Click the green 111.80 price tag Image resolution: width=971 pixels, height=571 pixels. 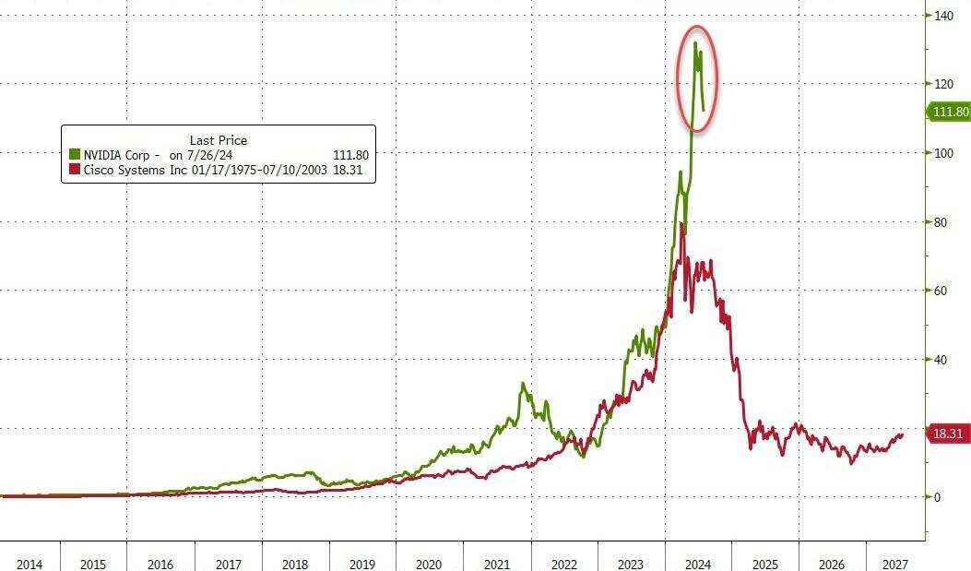click(949, 112)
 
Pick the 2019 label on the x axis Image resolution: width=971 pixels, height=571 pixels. click(361, 564)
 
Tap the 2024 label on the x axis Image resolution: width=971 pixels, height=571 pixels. click(698, 564)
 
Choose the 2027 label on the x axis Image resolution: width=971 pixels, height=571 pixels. click(895, 564)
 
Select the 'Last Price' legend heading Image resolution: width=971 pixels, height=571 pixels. click(219, 140)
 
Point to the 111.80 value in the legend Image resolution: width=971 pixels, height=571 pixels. click(350, 155)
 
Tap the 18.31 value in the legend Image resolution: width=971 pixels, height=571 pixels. click(354, 170)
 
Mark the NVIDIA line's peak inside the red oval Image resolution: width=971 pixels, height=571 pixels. click(695, 42)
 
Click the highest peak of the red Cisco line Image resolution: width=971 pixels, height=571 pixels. click(681, 223)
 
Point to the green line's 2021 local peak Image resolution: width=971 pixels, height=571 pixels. click(523, 383)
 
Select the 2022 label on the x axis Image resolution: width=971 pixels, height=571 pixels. click(564, 564)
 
